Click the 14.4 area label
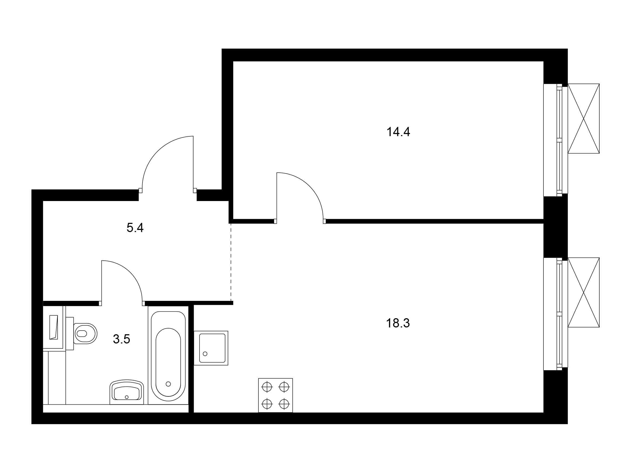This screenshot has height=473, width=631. [398, 132]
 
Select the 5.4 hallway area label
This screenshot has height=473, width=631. [135, 228]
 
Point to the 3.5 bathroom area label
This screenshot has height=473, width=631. [121, 339]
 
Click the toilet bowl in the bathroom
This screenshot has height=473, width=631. [85, 333]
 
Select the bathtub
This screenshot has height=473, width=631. [168, 356]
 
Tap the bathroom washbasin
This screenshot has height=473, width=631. [127, 392]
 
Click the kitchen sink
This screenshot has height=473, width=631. [211, 348]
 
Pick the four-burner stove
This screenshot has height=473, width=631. [276, 395]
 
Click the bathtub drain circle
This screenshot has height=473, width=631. [168, 384]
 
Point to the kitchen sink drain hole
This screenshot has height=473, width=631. [205, 354]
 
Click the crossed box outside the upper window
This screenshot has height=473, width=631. [583, 119]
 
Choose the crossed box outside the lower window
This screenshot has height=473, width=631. [583, 292]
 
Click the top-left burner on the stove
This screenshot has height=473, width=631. [267, 387]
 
